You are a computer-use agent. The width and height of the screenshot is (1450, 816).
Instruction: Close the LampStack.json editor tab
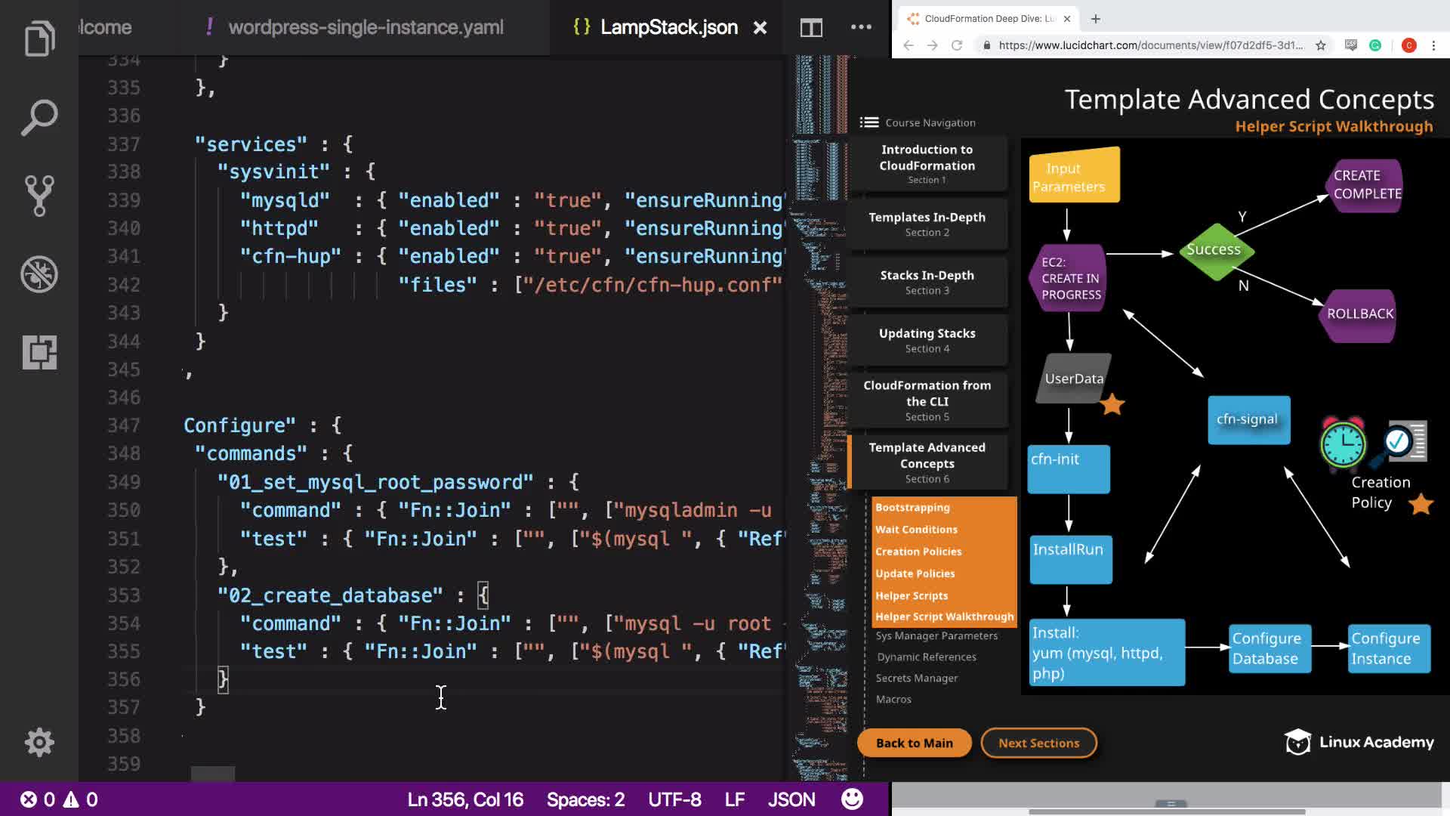pos(760,28)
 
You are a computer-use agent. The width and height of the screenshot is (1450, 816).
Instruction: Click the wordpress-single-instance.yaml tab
pos(366,28)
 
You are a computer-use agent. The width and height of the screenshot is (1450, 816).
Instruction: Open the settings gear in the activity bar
pos(39,743)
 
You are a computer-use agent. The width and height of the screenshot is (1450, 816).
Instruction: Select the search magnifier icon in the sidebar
pos(39,118)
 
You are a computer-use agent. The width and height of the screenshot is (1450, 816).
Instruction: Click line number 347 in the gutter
pos(124,425)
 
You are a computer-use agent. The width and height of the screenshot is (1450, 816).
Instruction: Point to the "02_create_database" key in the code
pos(331,595)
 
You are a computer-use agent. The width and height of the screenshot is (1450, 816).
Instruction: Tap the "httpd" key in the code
pos(279,228)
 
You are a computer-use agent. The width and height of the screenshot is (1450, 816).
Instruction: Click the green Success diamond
pos(1214,250)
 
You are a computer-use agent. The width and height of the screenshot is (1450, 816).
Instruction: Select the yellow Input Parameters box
pos(1074,175)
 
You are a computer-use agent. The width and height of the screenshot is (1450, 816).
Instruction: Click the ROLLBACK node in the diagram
pos(1360,314)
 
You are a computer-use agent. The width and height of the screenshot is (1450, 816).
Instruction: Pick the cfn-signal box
pos(1248,420)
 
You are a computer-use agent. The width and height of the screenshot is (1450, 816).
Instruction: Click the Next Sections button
pos(1038,743)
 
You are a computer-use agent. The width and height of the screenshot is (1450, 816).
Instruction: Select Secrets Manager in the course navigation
pos(917,678)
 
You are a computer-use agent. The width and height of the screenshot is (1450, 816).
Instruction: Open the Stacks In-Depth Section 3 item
pos(927,282)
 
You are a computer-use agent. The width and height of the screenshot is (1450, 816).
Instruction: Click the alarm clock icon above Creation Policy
pos(1342,444)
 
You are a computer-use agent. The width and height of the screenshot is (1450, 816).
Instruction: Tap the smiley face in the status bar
pos(852,799)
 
